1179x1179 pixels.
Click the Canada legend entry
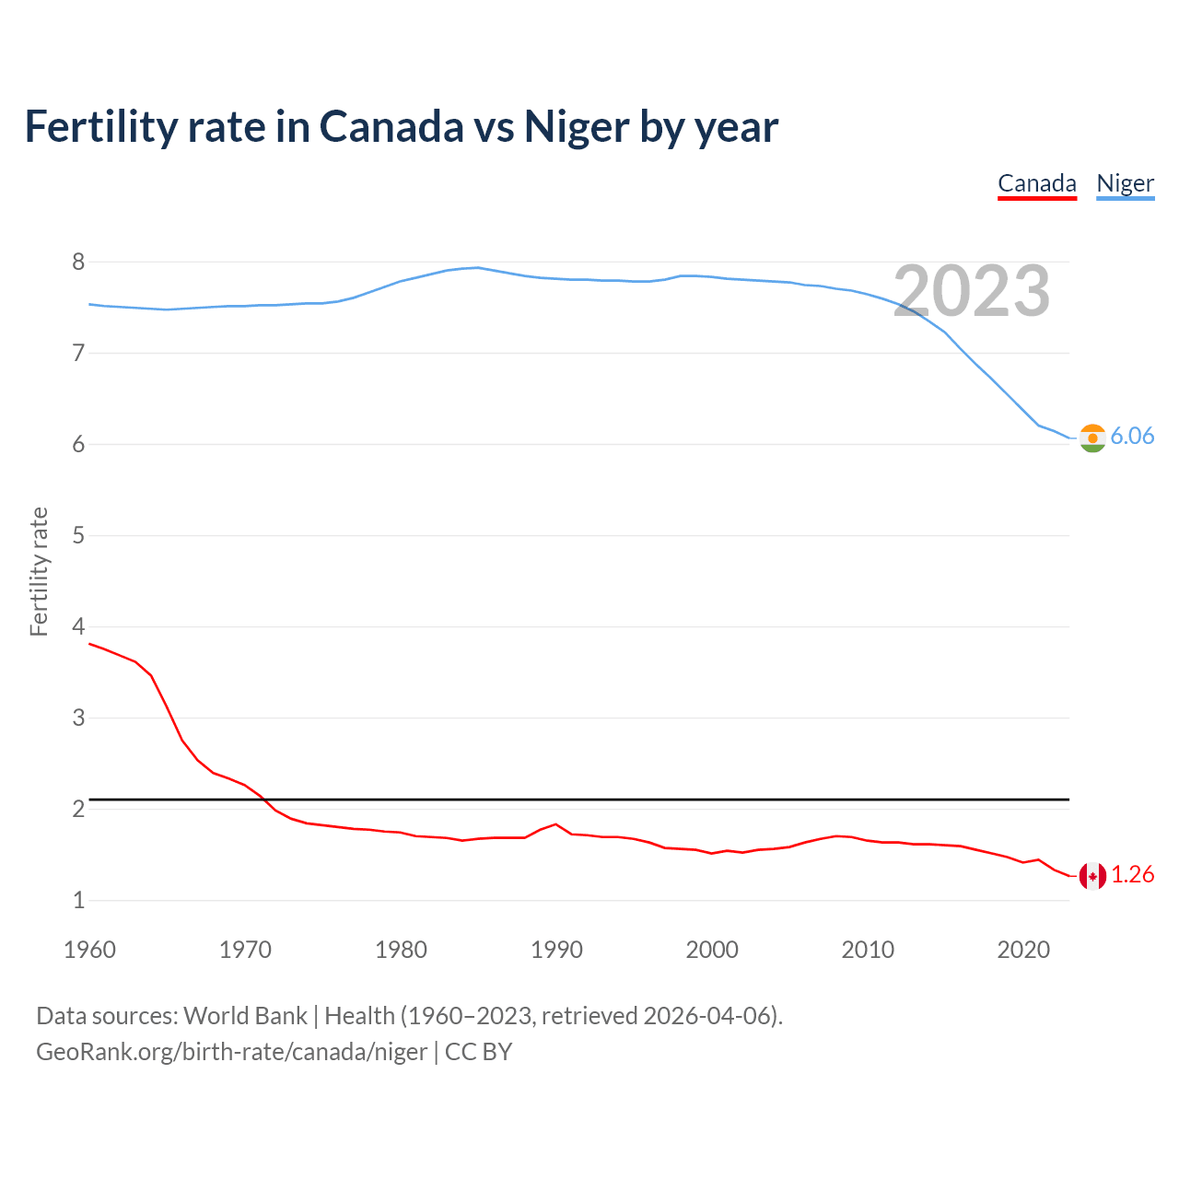click(x=1037, y=183)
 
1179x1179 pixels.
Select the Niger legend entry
click(x=1125, y=183)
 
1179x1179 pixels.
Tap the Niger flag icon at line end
click(x=1092, y=438)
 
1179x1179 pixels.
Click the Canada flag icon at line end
click(x=1092, y=876)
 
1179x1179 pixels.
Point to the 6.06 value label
click(x=1132, y=437)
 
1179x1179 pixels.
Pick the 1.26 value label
click(x=1132, y=875)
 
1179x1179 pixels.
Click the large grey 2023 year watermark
click(x=972, y=291)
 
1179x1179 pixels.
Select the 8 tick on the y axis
click(x=78, y=263)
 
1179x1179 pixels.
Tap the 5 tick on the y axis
click(x=78, y=535)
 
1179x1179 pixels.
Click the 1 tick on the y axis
click(x=78, y=900)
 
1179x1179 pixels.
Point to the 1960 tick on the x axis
click(x=89, y=950)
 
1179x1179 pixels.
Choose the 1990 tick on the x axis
click(x=556, y=950)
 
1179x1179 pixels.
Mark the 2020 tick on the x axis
click(x=1023, y=950)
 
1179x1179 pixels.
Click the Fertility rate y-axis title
click(x=39, y=571)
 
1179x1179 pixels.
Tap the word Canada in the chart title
click(x=391, y=126)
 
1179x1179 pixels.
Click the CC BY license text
click(x=478, y=1052)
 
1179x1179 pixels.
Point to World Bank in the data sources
click(x=245, y=1016)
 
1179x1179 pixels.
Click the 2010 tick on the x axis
click(x=868, y=950)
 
